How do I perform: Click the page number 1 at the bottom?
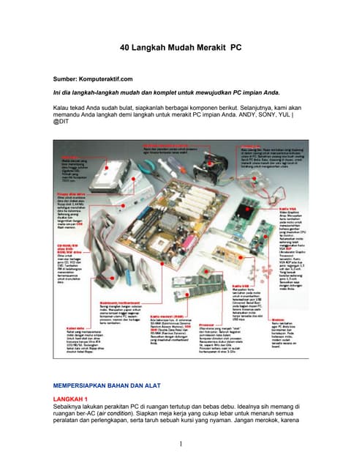coord(180,444)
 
